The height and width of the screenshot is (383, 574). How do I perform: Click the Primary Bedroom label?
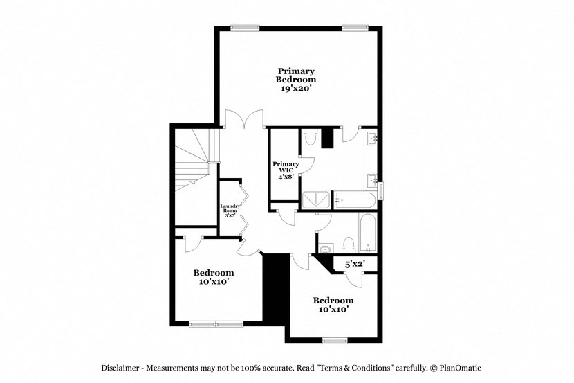tap(296, 75)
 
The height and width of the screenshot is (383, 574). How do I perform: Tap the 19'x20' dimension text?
tap(296, 89)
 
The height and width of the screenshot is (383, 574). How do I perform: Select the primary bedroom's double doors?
tap(243, 120)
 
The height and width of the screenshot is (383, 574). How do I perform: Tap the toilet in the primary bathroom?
tap(309, 136)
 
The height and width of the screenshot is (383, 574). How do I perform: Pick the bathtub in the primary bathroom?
tap(354, 200)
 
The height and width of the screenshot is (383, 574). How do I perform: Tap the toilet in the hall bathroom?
tap(349, 244)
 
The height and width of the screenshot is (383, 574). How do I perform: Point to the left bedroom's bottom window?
tap(215, 323)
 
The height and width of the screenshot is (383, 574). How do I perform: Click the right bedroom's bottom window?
tap(334, 340)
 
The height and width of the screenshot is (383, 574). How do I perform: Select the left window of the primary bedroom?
tap(244, 28)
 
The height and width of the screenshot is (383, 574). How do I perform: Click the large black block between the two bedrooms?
tap(276, 287)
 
